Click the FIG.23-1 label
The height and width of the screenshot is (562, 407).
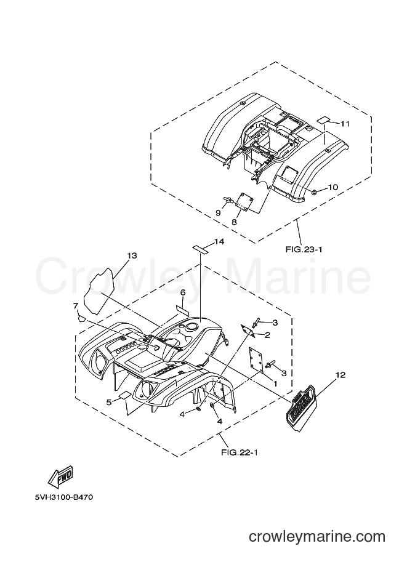(304, 249)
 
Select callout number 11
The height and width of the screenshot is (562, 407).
(345, 124)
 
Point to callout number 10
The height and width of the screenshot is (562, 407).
(332, 187)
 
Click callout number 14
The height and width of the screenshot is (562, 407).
(219, 242)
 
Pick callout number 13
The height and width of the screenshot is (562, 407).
(132, 255)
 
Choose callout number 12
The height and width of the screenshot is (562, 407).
(341, 375)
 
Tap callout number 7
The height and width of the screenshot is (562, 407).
(76, 306)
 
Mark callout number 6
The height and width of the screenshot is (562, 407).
(183, 293)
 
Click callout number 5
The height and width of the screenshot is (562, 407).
(110, 402)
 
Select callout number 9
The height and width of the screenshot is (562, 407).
(218, 213)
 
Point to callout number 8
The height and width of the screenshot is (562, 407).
(234, 222)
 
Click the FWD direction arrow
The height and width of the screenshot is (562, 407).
(60, 476)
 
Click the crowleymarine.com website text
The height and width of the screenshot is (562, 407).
(316, 537)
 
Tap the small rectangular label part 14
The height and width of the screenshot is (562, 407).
(201, 249)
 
